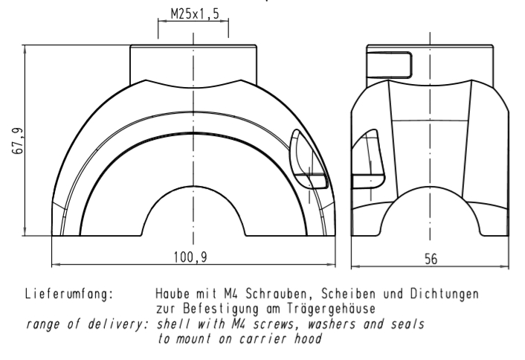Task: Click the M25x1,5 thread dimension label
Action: click(x=193, y=13)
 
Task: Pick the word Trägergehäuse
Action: click(x=326, y=306)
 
